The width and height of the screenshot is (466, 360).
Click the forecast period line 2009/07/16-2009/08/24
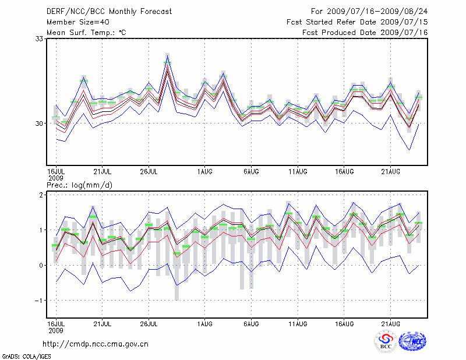click(x=369, y=11)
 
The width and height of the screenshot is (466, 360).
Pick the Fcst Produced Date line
click(x=365, y=32)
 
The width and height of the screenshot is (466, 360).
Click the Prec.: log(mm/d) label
click(x=79, y=185)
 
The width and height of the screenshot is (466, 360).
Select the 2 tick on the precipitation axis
click(x=41, y=195)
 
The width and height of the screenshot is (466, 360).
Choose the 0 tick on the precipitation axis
click(x=41, y=266)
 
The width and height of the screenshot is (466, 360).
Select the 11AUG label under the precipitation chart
click(x=298, y=323)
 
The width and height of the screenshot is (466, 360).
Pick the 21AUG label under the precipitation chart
click(x=391, y=323)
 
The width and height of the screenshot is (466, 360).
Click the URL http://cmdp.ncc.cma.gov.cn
click(x=96, y=344)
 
